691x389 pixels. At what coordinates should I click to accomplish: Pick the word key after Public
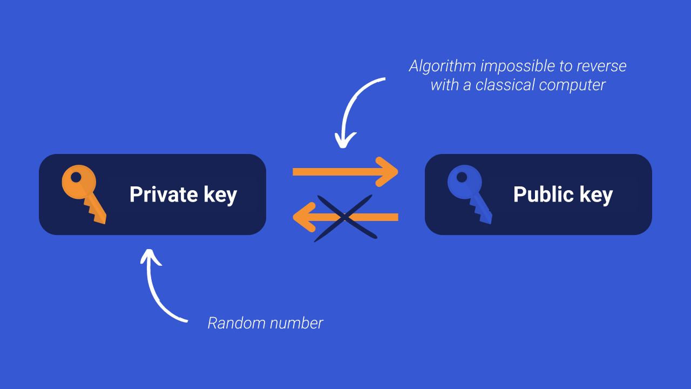(596, 196)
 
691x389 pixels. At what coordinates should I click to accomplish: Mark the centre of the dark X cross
(344, 218)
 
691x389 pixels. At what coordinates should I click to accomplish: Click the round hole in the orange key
(76, 177)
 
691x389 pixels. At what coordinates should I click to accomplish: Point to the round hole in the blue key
(462, 177)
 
